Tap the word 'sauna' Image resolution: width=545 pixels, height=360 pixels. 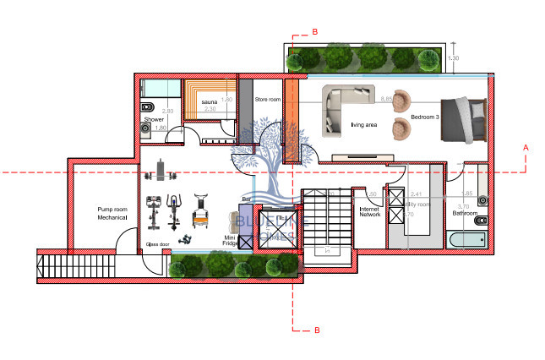(210, 101)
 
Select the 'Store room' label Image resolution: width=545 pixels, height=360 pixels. (267, 100)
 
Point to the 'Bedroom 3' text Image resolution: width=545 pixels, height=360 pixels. (424, 117)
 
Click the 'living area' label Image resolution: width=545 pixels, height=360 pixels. (364, 124)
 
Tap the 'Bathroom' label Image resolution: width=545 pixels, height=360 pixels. (465, 214)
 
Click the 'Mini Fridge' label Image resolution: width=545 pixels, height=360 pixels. (229, 242)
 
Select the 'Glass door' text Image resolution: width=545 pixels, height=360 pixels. (158, 243)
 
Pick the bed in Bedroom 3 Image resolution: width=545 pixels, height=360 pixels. (465, 117)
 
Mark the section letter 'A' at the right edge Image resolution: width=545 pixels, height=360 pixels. (526, 147)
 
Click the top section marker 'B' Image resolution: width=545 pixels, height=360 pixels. (314, 31)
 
